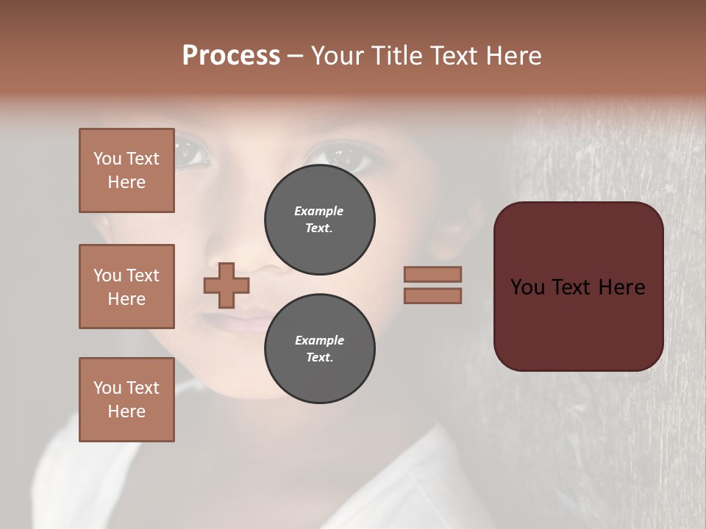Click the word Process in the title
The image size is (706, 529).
(x=231, y=55)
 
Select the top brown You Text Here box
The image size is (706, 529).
(x=126, y=170)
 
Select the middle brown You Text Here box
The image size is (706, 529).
(x=126, y=287)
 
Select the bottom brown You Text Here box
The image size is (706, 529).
(x=126, y=400)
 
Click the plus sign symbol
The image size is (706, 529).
(x=227, y=285)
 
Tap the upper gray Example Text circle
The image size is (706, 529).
(x=319, y=220)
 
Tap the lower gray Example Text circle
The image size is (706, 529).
(x=319, y=349)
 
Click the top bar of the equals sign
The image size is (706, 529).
(x=432, y=274)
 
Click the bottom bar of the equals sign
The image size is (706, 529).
(x=432, y=296)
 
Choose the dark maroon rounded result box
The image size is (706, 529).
(x=578, y=287)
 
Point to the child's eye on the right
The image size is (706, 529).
(x=335, y=156)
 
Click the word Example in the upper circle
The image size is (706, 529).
(x=318, y=211)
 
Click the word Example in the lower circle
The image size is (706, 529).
(x=319, y=340)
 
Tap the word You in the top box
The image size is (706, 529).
(x=107, y=159)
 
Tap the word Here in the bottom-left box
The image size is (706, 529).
(x=126, y=411)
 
